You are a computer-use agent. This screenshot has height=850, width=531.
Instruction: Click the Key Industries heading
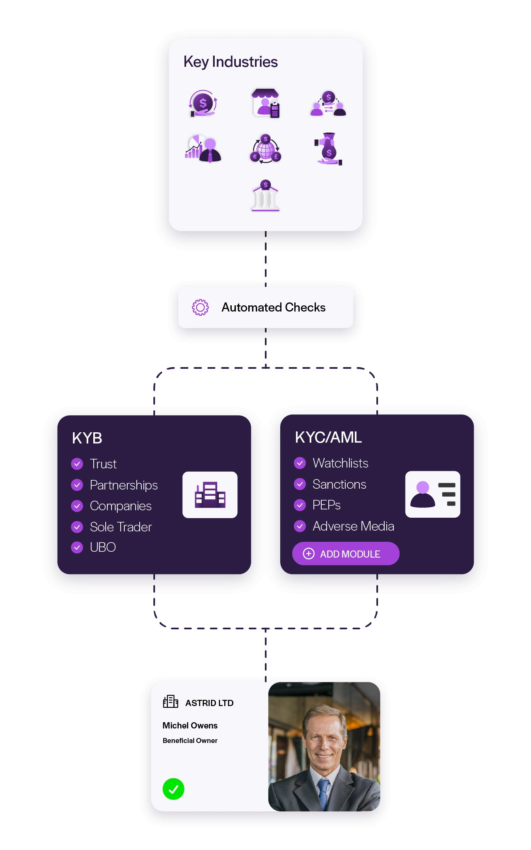point(230,62)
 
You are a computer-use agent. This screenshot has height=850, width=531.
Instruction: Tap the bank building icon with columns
point(265,196)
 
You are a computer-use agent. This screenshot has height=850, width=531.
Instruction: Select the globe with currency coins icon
point(265,149)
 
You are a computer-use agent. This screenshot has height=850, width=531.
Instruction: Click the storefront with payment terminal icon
point(265,103)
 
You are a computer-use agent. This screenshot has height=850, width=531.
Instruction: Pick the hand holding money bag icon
point(328,149)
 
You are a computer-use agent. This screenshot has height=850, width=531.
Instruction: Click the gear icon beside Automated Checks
point(200,307)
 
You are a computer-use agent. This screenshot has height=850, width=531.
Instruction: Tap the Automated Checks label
point(273,307)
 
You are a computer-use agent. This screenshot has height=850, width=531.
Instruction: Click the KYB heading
point(87,438)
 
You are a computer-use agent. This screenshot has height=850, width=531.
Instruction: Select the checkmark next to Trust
point(77,464)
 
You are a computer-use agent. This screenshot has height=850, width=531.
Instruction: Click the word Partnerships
point(124,485)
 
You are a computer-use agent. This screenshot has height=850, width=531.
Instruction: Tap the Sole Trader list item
point(121,527)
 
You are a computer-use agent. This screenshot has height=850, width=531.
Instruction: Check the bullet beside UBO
point(77,548)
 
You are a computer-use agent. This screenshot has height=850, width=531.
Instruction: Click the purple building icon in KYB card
point(210,495)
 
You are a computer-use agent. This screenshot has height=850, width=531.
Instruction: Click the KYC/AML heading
point(328,437)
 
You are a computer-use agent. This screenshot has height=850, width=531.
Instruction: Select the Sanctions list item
point(339,484)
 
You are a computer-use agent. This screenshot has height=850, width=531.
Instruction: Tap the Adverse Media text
point(353,526)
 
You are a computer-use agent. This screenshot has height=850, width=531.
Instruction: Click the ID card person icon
point(433,494)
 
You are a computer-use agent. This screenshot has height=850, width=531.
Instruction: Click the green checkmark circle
point(173,789)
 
